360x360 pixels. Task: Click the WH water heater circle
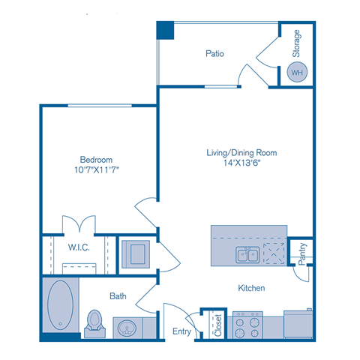coord(298,73)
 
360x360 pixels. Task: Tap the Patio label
coord(216,54)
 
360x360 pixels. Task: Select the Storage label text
coord(297,43)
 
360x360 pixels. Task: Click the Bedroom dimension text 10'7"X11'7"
coord(97,171)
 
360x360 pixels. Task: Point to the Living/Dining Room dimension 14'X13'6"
coord(241,164)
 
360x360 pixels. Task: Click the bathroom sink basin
coord(128,327)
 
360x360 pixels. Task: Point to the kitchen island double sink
coord(247,255)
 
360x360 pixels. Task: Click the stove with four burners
coord(247,325)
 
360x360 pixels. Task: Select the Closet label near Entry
coord(218,325)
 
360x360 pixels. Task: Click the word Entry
coord(182,331)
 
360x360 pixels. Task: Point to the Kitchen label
coord(251,288)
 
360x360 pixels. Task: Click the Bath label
coord(118,296)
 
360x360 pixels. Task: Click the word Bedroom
coord(97,160)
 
